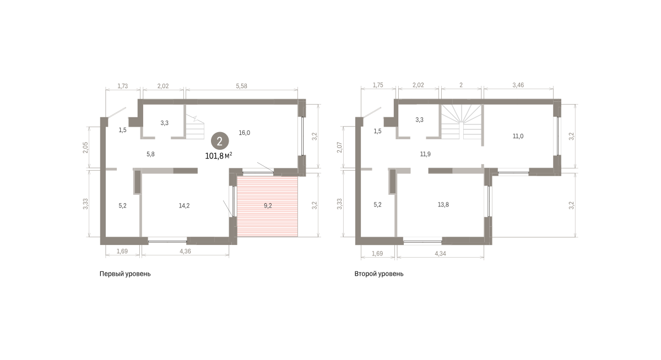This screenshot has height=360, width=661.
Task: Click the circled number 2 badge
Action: pyautogui.click(x=220, y=141)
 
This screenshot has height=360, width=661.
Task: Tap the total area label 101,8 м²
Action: pyautogui.click(x=219, y=156)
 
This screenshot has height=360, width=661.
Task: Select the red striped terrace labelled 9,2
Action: pyautogui.click(x=267, y=206)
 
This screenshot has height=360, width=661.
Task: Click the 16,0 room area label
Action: pyautogui.click(x=245, y=133)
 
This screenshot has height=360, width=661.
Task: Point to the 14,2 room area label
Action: pyautogui.click(x=184, y=206)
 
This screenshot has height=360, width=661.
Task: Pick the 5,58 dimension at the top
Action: pyautogui.click(x=241, y=86)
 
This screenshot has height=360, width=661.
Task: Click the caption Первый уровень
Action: pyautogui.click(x=125, y=274)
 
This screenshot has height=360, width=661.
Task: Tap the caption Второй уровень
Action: pyautogui.click(x=379, y=274)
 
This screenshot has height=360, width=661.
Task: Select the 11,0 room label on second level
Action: pyautogui.click(x=518, y=136)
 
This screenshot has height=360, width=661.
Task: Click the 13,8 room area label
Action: pyautogui.click(x=443, y=205)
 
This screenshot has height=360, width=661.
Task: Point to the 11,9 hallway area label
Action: pyautogui.click(x=425, y=154)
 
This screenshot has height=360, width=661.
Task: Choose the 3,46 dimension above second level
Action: pyautogui.click(x=518, y=85)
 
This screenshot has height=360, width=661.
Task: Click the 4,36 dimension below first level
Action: pyautogui.click(x=185, y=251)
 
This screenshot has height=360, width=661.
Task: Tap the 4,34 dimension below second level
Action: pyautogui.click(x=440, y=254)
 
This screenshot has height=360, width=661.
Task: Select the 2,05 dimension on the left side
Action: pyautogui.click(x=85, y=148)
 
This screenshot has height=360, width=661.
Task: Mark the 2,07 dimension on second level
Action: pyautogui.click(x=340, y=147)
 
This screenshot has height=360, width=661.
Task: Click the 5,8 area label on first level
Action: pyautogui.click(x=150, y=154)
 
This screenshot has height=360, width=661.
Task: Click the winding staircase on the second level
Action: pyautogui.click(x=461, y=122)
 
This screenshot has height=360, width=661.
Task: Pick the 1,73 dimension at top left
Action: pyautogui.click(x=122, y=86)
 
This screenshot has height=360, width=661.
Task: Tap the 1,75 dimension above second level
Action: pyautogui.click(x=378, y=85)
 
